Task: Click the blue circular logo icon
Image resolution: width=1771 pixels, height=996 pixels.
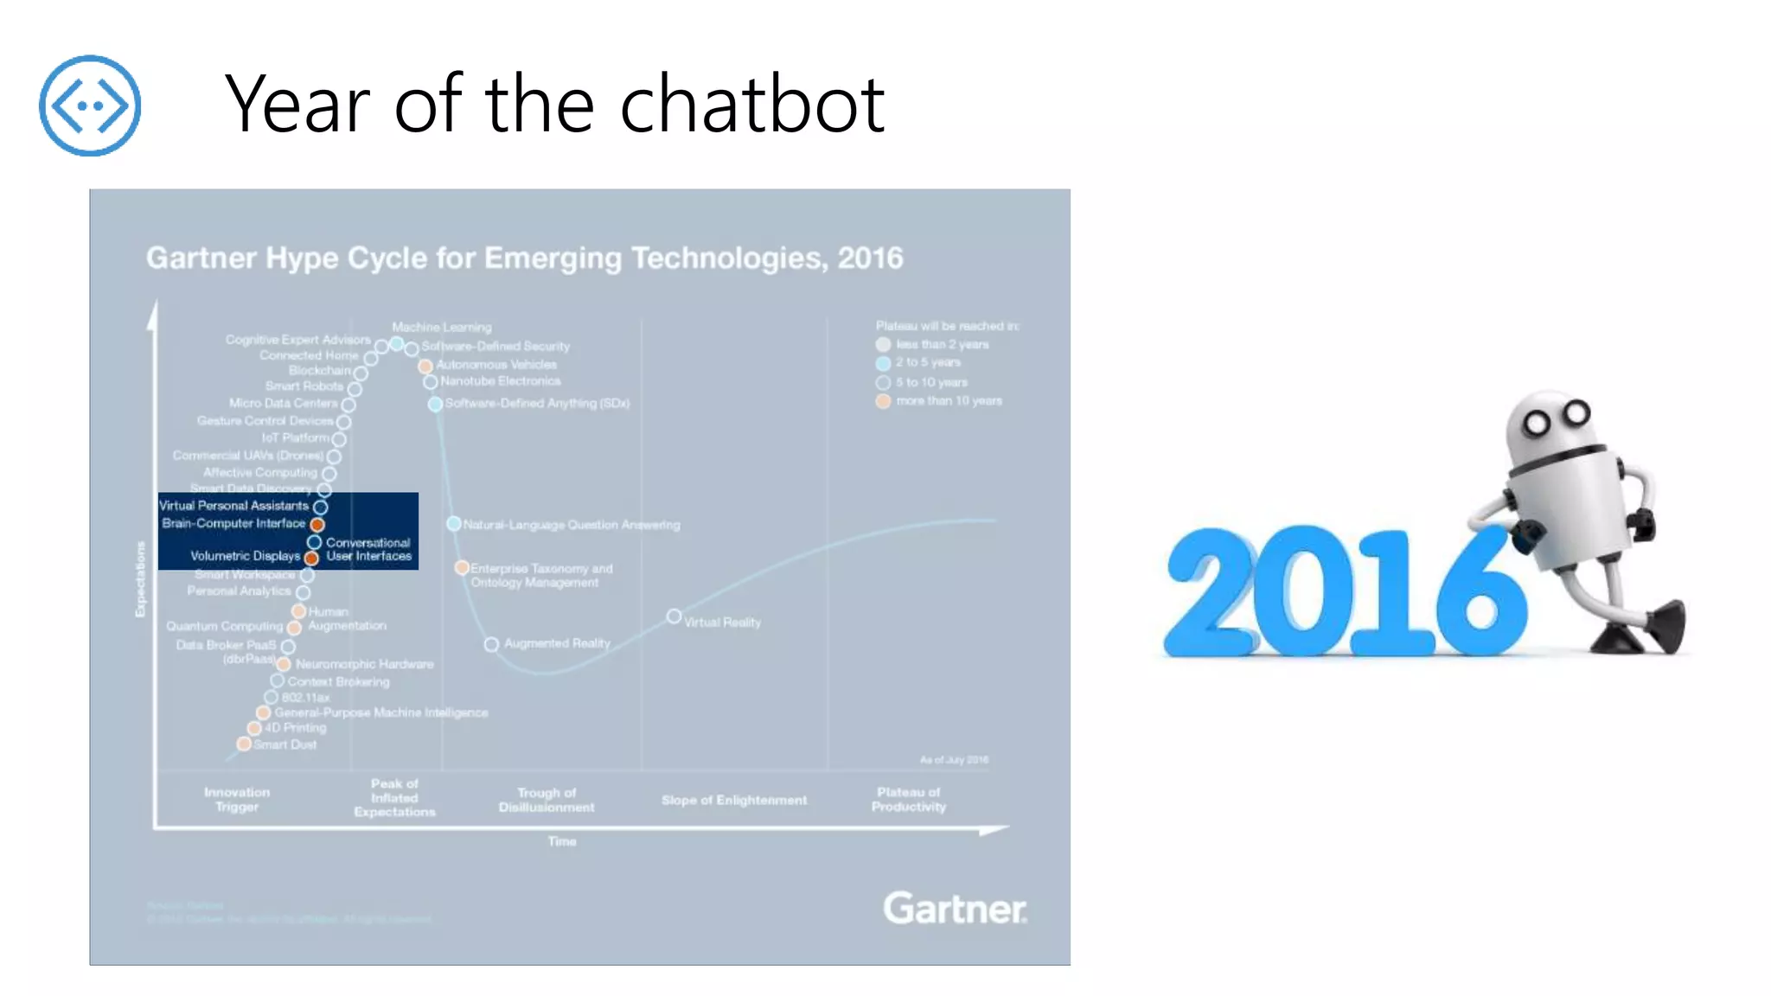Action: (x=89, y=105)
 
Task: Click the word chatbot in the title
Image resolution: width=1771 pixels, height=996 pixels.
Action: (x=751, y=105)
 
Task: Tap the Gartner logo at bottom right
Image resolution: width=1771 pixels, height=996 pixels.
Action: (x=954, y=909)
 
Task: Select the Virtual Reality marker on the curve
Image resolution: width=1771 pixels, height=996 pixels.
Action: (x=674, y=616)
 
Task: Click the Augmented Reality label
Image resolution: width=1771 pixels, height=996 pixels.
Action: (x=557, y=643)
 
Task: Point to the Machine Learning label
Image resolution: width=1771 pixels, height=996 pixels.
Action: (x=441, y=327)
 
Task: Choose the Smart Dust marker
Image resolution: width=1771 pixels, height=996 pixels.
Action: (x=245, y=744)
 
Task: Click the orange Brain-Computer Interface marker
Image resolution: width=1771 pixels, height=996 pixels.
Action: (x=317, y=524)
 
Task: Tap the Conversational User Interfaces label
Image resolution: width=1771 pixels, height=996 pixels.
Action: (x=368, y=549)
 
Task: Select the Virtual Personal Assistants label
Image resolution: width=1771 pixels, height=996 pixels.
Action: (x=233, y=505)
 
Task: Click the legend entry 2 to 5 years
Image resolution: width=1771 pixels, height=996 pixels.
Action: (x=927, y=362)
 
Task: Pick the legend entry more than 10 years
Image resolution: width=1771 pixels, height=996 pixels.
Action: (x=948, y=400)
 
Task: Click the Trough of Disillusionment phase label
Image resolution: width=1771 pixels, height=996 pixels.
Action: (x=547, y=800)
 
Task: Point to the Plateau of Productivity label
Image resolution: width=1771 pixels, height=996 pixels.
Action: (x=908, y=799)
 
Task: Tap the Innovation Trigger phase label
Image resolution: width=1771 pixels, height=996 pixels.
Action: (x=237, y=799)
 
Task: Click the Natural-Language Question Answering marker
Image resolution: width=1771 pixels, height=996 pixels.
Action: (x=453, y=524)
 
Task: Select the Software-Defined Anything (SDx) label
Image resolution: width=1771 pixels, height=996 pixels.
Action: (x=537, y=403)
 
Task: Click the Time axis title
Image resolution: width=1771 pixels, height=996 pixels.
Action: (x=562, y=840)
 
